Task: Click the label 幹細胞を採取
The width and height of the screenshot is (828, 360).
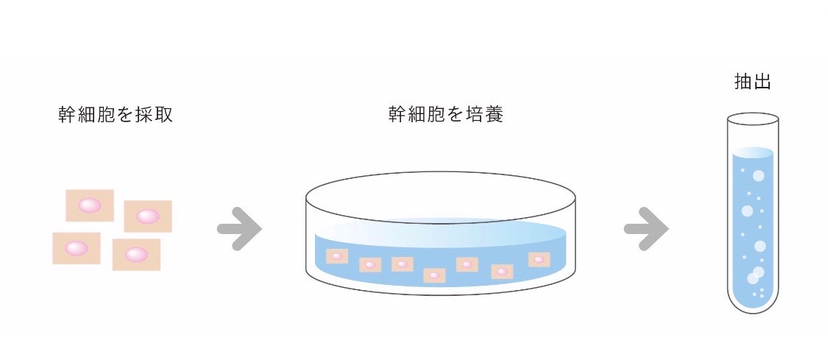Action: click(x=116, y=115)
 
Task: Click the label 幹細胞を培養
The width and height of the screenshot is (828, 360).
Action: click(x=446, y=115)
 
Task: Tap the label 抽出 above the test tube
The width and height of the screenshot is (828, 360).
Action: click(x=752, y=82)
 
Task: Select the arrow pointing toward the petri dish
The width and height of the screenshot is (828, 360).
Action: click(x=239, y=228)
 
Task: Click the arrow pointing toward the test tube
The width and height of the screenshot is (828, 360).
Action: click(x=646, y=228)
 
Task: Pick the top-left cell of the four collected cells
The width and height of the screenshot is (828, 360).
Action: click(x=90, y=205)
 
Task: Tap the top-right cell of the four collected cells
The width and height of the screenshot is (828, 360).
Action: click(x=148, y=216)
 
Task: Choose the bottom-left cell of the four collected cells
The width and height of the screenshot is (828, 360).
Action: click(x=77, y=248)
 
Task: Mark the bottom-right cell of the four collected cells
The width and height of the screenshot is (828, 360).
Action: click(x=136, y=255)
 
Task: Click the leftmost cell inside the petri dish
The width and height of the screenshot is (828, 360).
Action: click(x=336, y=256)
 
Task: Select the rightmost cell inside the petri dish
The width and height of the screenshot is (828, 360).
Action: click(x=539, y=259)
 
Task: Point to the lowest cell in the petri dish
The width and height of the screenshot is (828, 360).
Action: click(x=434, y=275)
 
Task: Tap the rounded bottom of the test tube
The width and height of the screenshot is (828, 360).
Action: click(x=752, y=302)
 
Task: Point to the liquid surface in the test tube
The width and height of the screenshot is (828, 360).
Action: click(x=753, y=152)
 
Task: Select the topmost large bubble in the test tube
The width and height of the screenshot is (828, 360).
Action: click(x=758, y=176)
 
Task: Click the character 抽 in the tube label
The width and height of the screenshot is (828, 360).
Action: click(x=743, y=82)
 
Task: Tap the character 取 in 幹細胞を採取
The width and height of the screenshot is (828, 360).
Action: click(x=164, y=115)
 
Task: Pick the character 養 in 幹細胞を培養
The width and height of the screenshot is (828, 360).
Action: click(x=495, y=115)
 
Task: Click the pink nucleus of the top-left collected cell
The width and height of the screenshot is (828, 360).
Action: click(x=90, y=205)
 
